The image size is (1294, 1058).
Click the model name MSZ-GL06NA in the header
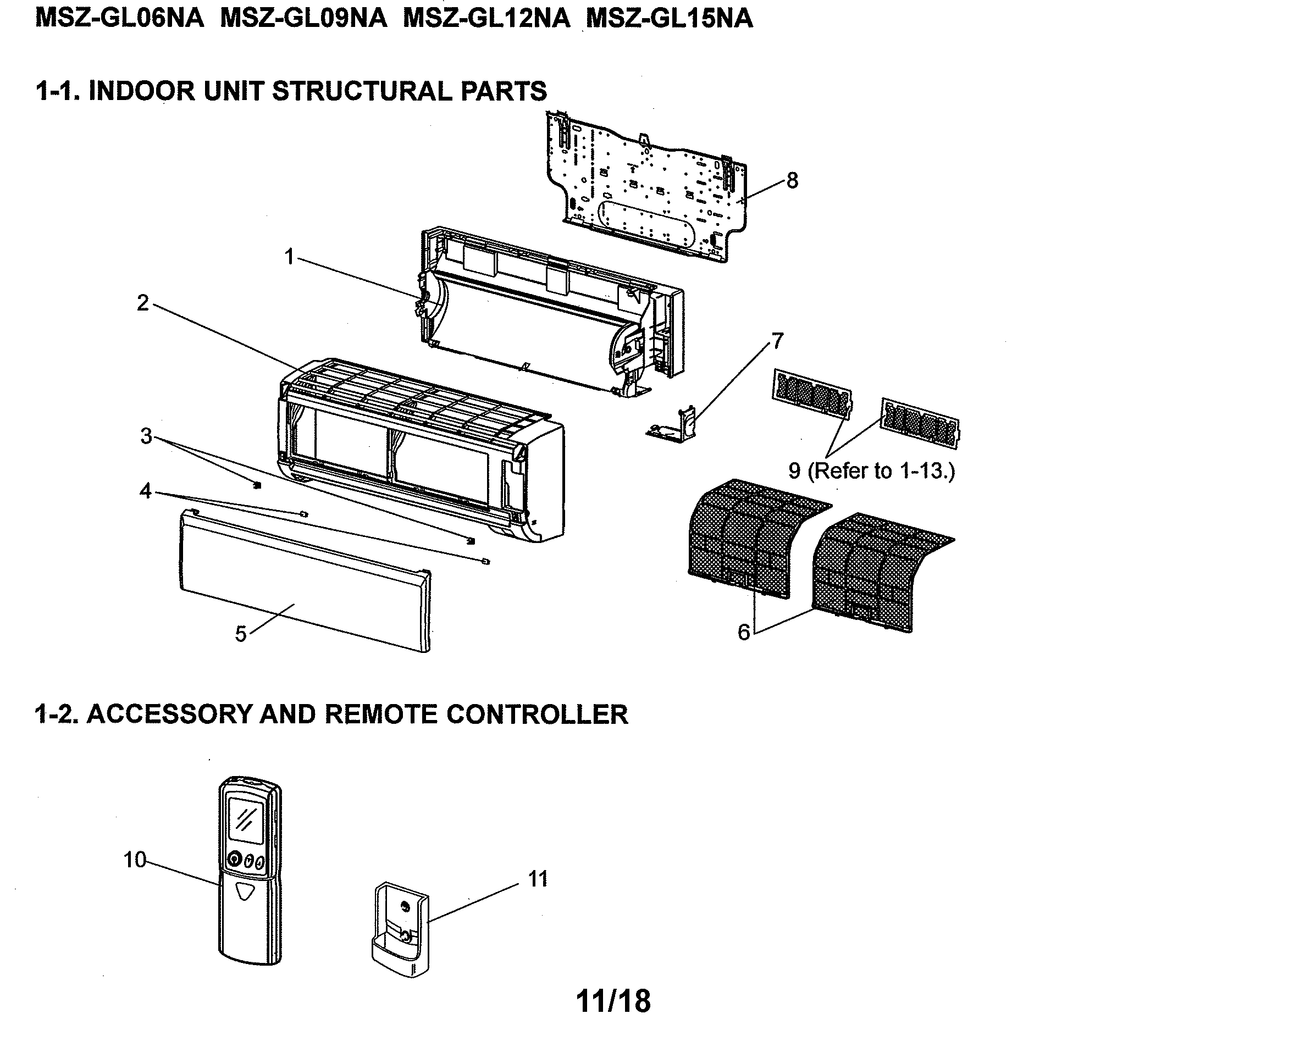point(119,18)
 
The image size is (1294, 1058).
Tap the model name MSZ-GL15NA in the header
point(669,18)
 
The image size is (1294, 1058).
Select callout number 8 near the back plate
point(792,180)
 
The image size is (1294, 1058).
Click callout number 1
point(290,257)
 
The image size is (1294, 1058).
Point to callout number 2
point(142,303)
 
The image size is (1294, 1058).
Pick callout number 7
point(777,341)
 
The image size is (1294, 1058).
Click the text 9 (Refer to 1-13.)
point(872,470)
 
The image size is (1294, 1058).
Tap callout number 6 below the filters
point(743,633)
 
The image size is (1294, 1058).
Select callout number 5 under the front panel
point(241,634)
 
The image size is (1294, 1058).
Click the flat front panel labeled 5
point(305,579)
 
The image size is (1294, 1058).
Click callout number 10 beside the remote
point(135,860)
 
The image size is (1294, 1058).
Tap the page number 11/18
point(613,1001)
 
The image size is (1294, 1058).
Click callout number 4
point(145,491)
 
